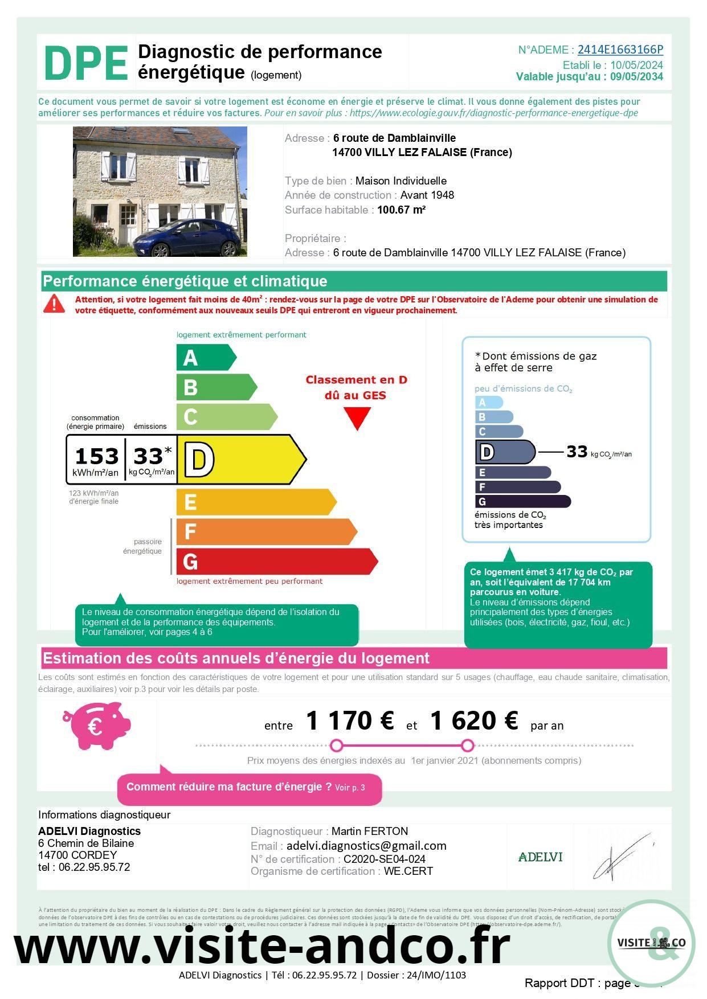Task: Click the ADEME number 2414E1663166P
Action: pyautogui.click(x=620, y=50)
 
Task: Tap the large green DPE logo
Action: pyautogui.click(x=86, y=64)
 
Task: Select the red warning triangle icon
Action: pyautogui.click(x=54, y=304)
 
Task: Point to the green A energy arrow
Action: pyautogui.click(x=205, y=358)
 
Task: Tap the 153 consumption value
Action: pyautogui.click(x=96, y=456)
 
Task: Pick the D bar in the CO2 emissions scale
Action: pyautogui.click(x=505, y=452)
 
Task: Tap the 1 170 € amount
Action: pyautogui.click(x=350, y=721)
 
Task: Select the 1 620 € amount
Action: pyautogui.click(x=474, y=721)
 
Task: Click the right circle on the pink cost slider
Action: pyautogui.click(x=468, y=746)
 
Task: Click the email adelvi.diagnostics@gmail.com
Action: pyautogui.click(x=366, y=846)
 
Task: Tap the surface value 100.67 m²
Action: pyautogui.click(x=402, y=210)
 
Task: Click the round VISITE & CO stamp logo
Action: pyautogui.click(x=651, y=943)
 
